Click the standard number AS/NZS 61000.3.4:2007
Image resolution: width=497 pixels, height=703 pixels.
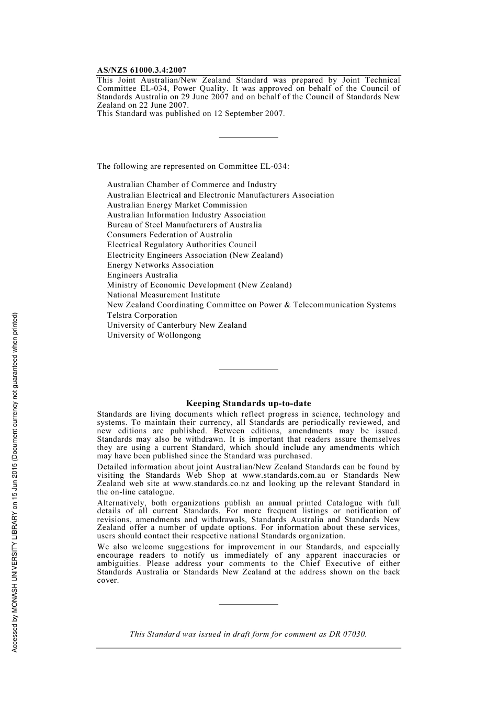point(141,70)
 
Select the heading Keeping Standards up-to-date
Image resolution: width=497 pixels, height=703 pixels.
point(248,404)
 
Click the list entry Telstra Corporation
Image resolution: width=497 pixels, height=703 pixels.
point(142,315)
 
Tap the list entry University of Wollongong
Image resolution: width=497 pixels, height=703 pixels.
point(154,335)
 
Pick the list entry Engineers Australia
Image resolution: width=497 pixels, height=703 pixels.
point(142,275)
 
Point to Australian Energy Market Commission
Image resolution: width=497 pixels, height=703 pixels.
point(177,205)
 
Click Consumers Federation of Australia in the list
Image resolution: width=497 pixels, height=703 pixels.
point(170,235)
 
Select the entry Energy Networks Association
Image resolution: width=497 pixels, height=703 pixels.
point(160,265)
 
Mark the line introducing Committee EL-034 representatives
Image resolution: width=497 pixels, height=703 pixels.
point(193,166)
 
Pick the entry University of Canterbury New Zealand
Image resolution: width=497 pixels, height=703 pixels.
point(176,325)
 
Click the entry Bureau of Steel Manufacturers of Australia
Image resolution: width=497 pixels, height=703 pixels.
point(184,225)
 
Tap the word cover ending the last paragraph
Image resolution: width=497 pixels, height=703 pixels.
point(107,581)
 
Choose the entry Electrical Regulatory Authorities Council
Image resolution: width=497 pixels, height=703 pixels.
point(182,245)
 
